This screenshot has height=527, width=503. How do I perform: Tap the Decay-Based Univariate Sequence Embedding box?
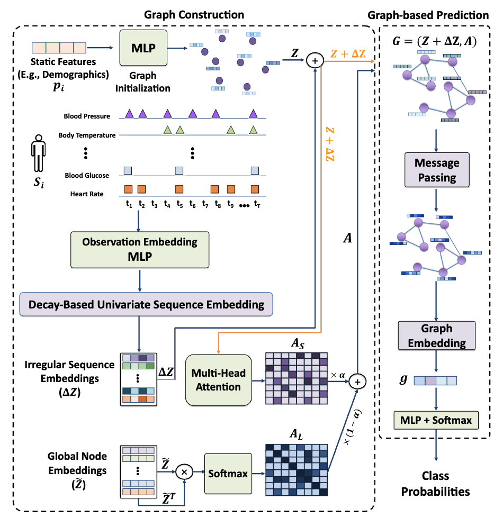coord(146,304)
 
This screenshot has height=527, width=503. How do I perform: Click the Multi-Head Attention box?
coord(219,380)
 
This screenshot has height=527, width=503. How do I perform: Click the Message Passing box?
coord(437,170)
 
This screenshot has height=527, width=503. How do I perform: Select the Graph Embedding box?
coord(436,336)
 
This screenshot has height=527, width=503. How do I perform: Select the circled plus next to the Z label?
coord(315,61)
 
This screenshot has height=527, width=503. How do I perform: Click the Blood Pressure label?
coord(87,116)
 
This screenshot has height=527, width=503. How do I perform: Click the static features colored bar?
coord(59,48)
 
